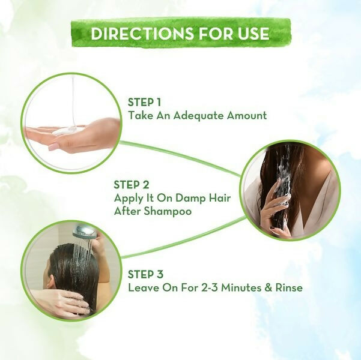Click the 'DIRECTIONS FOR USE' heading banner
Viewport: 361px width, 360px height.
[x=180, y=33]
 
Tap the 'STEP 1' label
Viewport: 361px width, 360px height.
[x=145, y=102]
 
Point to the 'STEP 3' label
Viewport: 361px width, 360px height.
[x=145, y=274]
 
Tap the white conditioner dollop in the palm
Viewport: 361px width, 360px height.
[x=68, y=130]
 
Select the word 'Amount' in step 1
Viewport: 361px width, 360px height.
[x=246, y=115]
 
